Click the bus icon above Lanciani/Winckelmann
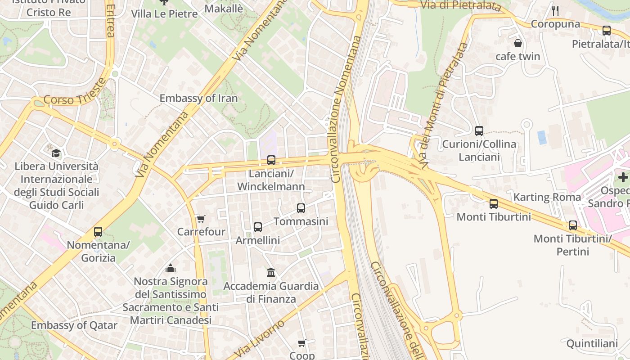271,160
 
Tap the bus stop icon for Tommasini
301,208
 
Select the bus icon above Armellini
258,227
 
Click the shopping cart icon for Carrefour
201,219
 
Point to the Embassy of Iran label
198,98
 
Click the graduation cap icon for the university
56,153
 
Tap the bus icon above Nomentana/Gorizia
98,232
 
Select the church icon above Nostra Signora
171,269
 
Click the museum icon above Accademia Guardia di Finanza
271,272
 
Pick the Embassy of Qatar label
74,325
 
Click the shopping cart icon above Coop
302,343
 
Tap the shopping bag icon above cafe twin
518,43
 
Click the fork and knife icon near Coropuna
556,11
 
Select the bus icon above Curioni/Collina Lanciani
479,131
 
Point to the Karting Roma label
547,197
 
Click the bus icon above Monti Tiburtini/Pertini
573,225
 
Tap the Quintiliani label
592,344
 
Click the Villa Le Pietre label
164,14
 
